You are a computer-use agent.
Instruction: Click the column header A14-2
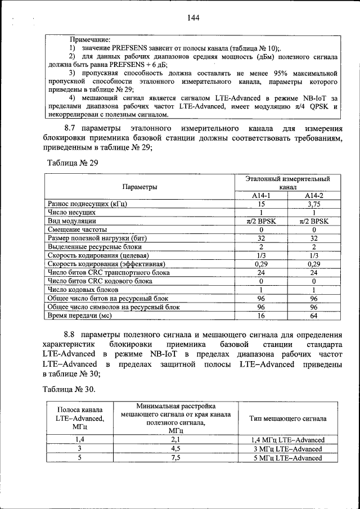tap(314, 195)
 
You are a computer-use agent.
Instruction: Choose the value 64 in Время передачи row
tap(314, 316)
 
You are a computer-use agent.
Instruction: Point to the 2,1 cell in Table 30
tap(175, 439)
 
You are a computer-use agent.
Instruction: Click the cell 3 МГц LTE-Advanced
tap(287, 449)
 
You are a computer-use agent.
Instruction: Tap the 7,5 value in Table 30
tap(175, 458)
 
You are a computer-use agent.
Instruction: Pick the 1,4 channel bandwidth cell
tap(80, 439)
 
